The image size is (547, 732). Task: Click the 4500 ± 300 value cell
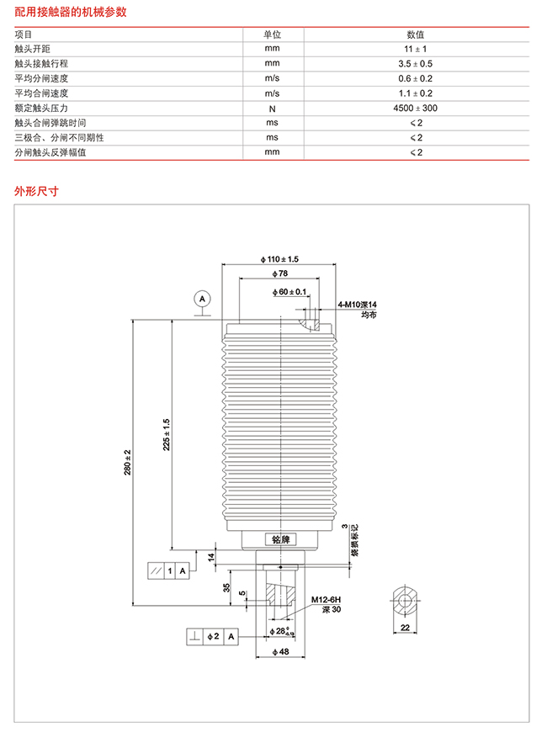(415, 109)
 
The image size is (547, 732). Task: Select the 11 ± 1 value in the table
(415, 49)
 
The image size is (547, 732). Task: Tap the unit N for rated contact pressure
(273, 109)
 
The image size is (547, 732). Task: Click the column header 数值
(415, 34)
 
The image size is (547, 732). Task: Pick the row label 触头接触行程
(41, 63)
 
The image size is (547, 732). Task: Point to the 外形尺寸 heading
(36, 191)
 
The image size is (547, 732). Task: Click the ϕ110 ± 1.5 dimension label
(279, 259)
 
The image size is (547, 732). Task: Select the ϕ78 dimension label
(279, 273)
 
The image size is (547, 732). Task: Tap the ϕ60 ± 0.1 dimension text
(289, 292)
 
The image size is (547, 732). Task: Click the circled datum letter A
(202, 299)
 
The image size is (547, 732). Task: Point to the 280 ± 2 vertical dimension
(128, 462)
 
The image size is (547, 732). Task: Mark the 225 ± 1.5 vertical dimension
(167, 435)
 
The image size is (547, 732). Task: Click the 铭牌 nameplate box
(281, 539)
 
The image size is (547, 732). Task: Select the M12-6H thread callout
(326, 600)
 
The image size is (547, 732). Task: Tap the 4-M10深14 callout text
(358, 305)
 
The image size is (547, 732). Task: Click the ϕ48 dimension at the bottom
(281, 652)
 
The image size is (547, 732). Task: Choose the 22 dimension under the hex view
(405, 628)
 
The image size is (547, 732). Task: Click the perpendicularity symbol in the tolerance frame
(194, 636)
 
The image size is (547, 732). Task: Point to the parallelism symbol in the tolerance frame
(156, 571)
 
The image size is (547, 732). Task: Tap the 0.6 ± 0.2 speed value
(415, 78)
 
